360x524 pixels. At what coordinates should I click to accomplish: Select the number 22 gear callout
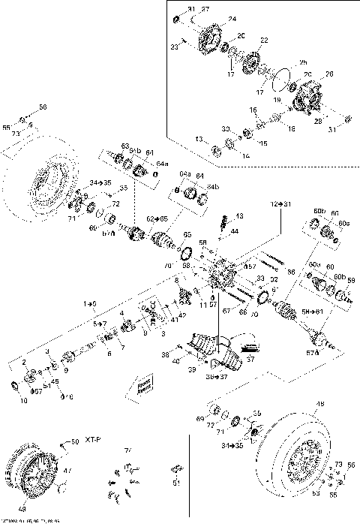point(263,39)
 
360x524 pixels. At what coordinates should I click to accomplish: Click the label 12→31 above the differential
point(281,204)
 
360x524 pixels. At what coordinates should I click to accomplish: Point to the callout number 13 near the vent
point(239,215)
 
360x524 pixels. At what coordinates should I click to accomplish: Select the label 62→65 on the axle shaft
point(157,218)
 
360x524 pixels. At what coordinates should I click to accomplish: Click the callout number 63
point(126,146)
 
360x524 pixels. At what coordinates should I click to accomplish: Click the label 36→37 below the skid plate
point(218,376)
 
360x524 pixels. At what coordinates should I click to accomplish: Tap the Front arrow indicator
point(142,387)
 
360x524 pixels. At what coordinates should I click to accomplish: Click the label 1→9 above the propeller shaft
point(90,303)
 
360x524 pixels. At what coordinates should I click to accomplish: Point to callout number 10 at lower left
point(22,402)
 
